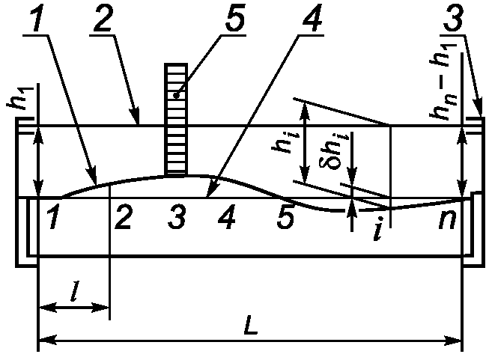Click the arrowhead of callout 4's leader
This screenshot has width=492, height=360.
[x=207, y=196]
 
